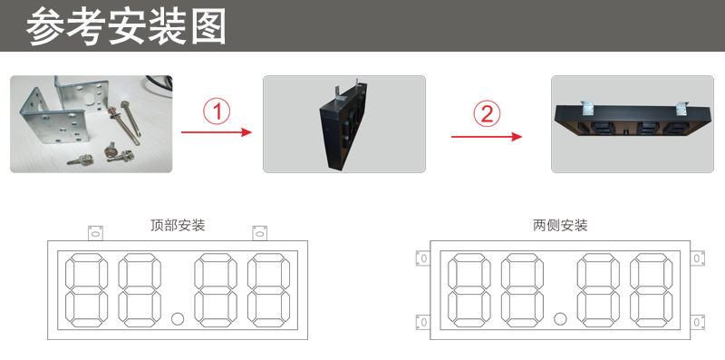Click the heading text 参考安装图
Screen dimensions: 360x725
pyautogui.click(x=126, y=27)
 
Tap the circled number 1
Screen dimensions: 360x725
pyautogui.click(x=216, y=112)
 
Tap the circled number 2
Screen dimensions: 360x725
pyautogui.click(x=487, y=114)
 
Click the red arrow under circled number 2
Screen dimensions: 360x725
pyautogui.click(x=487, y=137)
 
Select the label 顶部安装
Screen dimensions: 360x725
pyautogui.click(x=178, y=225)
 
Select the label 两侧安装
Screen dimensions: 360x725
pyautogui.click(x=561, y=225)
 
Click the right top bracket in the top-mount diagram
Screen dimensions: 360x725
pyautogui.click(x=260, y=232)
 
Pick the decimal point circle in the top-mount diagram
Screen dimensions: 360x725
pyautogui.click(x=178, y=318)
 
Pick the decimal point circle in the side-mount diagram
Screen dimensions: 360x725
pyautogui.click(x=560, y=318)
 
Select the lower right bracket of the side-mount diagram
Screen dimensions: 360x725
pyautogui.click(x=697, y=322)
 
